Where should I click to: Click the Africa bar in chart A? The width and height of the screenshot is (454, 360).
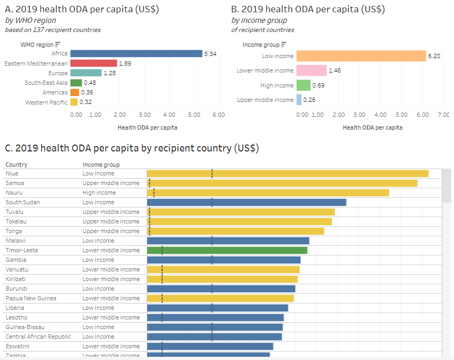pyautogui.click(x=136, y=53)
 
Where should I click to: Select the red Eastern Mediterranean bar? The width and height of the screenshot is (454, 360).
pyautogui.click(x=93, y=63)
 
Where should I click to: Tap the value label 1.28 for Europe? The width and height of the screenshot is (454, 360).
pyautogui.click(x=110, y=73)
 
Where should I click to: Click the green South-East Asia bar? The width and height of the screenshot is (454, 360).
pyautogui.click(x=76, y=83)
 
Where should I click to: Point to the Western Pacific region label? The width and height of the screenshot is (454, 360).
pyautogui.click(x=46, y=102)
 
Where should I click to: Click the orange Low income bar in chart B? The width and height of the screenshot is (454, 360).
pyautogui.click(x=361, y=56)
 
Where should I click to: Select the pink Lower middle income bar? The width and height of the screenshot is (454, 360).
pyautogui.click(x=312, y=70)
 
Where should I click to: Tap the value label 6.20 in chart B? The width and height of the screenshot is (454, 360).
pyautogui.click(x=434, y=56)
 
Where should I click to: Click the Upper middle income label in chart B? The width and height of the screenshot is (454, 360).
pyautogui.click(x=265, y=100)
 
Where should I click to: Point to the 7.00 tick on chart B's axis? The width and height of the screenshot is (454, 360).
pyautogui.click(x=443, y=115)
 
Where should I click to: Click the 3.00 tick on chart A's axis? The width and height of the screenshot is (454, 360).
pyautogui.click(x=145, y=115)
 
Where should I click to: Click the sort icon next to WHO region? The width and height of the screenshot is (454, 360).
pyautogui.click(x=58, y=45)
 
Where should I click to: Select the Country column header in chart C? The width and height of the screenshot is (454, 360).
pyautogui.click(x=17, y=165)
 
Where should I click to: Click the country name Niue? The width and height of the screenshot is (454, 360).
pyautogui.click(x=12, y=173)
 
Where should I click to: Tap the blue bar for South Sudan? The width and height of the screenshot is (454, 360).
pyautogui.click(x=246, y=202)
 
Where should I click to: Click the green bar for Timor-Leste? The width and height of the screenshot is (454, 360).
pyautogui.click(x=227, y=250)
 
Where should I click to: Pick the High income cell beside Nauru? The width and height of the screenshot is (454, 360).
pyautogui.click(x=99, y=193)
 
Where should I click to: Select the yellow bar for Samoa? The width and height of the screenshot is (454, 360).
pyautogui.click(x=282, y=183)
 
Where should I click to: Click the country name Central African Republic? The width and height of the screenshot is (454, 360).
pyautogui.click(x=38, y=337)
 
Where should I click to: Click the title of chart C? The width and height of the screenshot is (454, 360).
pyautogui.click(x=132, y=148)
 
